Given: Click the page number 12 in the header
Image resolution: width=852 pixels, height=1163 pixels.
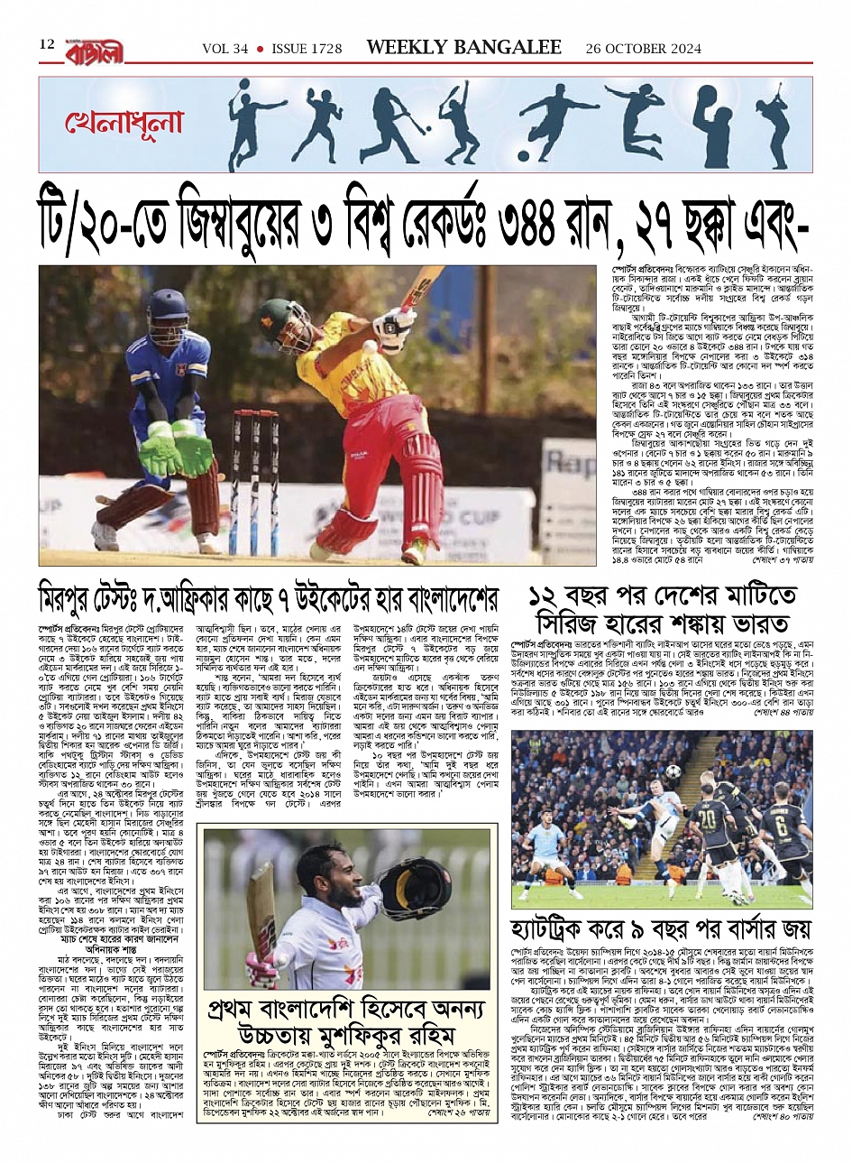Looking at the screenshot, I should point(47,44).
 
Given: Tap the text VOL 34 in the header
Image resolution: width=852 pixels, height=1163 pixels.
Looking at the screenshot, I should point(224,48).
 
